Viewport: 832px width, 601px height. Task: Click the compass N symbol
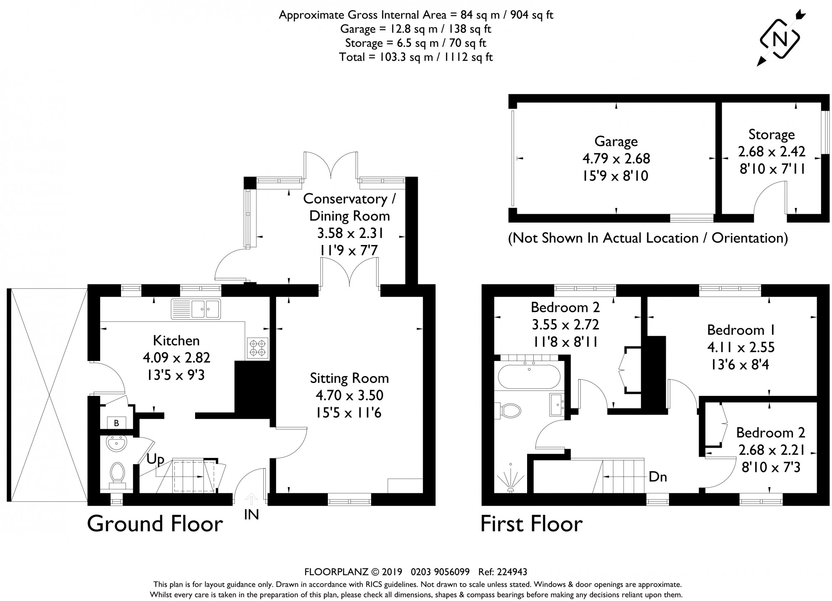(x=780, y=39)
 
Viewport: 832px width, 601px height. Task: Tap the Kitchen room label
(x=176, y=341)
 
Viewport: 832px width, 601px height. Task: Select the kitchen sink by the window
(x=196, y=309)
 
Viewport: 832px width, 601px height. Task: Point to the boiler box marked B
(x=116, y=423)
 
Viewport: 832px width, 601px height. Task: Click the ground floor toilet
(x=117, y=476)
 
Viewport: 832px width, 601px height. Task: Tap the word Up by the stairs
(x=155, y=460)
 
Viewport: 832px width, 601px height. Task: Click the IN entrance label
(x=251, y=515)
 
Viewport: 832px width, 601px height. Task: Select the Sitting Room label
(x=349, y=378)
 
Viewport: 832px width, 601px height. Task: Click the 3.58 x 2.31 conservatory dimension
(x=350, y=233)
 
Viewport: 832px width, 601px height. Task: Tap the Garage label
(x=616, y=142)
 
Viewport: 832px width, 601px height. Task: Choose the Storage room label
(x=772, y=135)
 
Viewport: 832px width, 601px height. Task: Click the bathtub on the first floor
(x=529, y=376)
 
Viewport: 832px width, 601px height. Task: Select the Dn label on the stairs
(x=658, y=477)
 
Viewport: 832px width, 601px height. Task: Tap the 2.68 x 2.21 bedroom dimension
(x=771, y=450)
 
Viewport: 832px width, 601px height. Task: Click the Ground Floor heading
(x=155, y=524)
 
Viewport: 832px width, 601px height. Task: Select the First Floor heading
(x=531, y=524)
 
